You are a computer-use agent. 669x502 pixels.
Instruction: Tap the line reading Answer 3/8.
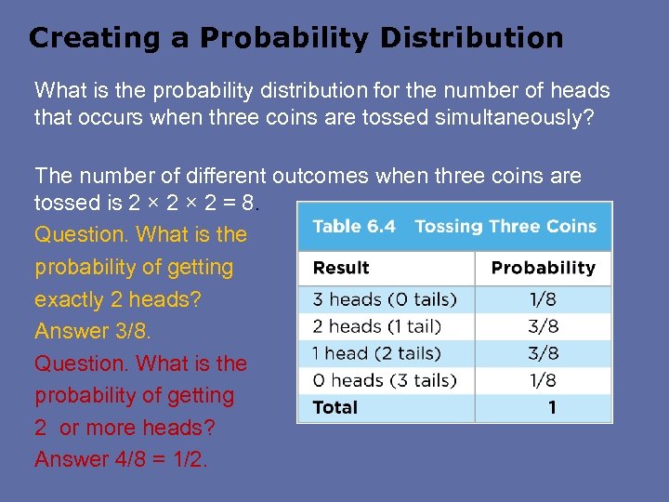(92, 331)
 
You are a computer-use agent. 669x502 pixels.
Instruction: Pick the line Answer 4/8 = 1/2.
(121, 459)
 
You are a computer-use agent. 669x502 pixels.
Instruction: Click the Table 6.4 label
(353, 227)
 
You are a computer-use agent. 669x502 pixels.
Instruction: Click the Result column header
(340, 268)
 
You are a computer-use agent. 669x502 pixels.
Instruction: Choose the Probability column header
(543, 268)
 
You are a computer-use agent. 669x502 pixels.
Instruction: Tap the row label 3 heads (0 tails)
(384, 299)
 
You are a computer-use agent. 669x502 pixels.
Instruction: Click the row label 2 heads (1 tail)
(376, 326)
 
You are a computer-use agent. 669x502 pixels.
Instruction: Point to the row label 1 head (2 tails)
(376, 353)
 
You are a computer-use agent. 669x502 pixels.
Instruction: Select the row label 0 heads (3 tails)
(384, 380)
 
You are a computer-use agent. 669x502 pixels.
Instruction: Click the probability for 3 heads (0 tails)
(543, 299)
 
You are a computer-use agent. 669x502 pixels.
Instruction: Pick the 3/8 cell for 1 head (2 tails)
(543, 353)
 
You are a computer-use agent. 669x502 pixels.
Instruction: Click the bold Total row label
(334, 407)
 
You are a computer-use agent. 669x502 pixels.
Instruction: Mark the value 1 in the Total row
(552, 407)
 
